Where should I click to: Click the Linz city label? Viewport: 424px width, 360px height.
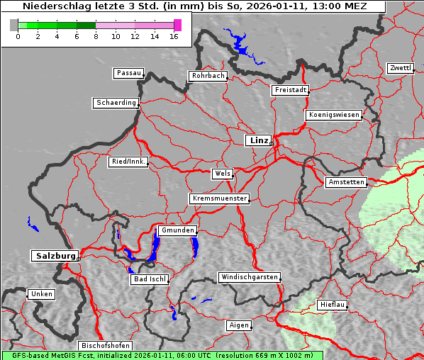point(258,140)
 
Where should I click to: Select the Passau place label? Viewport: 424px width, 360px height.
point(128,73)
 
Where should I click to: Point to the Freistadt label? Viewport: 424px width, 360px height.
point(290,90)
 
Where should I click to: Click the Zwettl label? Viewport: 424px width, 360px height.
point(400,68)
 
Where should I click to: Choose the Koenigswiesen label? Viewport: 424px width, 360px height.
point(334,115)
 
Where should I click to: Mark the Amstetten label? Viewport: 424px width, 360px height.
point(346,182)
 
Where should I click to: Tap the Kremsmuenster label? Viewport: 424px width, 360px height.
point(219,198)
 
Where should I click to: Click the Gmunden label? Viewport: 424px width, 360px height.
point(177,231)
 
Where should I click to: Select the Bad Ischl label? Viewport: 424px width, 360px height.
point(150,279)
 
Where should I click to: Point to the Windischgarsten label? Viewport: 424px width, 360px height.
point(248,277)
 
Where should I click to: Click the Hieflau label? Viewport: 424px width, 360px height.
point(333,304)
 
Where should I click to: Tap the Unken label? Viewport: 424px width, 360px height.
point(40,293)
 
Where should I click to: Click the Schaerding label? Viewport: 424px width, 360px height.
point(116,103)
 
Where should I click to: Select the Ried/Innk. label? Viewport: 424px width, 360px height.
point(128,162)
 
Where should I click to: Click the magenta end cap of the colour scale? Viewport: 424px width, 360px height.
point(177,25)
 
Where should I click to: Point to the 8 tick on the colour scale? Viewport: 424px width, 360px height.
point(96,35)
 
